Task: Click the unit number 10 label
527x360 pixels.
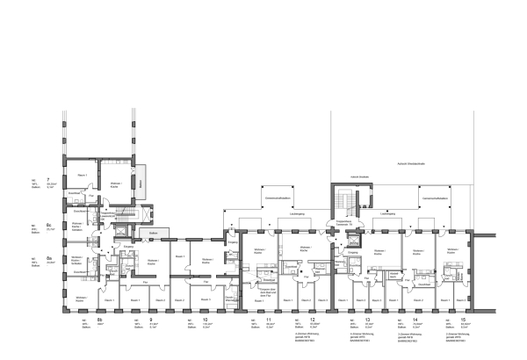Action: tap(205, 320)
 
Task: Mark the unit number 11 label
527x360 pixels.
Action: tap(269, 320)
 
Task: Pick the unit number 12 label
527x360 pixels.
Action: tap(313, 320)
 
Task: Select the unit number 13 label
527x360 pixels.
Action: tap(367, 320)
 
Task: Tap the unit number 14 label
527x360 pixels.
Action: tap(415, 320)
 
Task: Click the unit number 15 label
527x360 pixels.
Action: tap(464, 320)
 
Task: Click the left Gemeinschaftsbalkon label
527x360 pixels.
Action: tap(278, 198)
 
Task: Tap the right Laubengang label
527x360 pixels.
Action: tap(386, 213)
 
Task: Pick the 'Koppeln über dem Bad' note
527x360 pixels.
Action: tap(268, 293)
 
